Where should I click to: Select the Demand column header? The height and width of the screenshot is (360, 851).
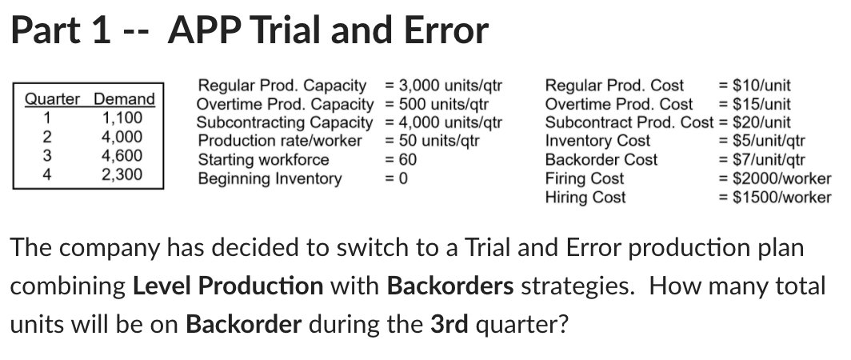tap(124, 99)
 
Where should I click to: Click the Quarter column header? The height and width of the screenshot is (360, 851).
tap(52, 99)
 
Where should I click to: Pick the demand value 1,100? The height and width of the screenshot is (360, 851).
tap(123, 118)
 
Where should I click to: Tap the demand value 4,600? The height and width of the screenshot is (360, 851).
tap(123, 155)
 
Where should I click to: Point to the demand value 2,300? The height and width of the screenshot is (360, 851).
tap(123, 174)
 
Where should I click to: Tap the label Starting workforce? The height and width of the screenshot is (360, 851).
tap(263, 159)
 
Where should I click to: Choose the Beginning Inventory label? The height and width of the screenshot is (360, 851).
tap(270, 178)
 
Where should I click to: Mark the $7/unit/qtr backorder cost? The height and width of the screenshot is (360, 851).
tap(770, 159)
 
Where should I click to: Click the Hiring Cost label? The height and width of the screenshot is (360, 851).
tap(585, 197)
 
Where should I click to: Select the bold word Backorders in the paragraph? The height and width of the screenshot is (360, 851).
tap(449, 286)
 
